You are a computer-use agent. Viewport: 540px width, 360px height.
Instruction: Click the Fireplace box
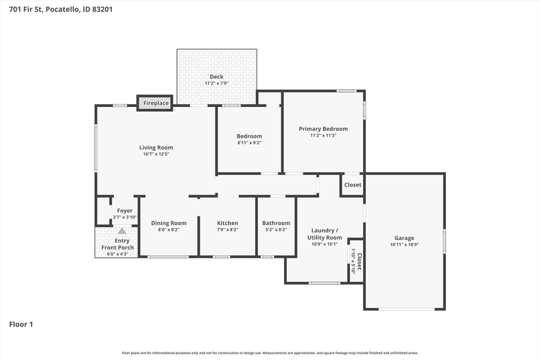(154, 103)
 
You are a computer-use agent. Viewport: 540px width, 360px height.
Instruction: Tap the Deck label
(217, 76)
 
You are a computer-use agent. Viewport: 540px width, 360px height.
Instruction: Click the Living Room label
(156, 147)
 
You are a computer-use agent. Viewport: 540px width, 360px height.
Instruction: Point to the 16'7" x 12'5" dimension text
(156, 154)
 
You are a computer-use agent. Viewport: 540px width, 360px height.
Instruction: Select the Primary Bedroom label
(323, 129)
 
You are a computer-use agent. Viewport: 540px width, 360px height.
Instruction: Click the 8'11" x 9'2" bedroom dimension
(249, 143)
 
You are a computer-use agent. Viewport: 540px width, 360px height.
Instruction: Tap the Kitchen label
(227, 223)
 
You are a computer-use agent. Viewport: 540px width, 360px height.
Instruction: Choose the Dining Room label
(169, 223)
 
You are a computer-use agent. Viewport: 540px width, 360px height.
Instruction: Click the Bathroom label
(277, 223)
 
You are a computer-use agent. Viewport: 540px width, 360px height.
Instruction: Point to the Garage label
(404, 238)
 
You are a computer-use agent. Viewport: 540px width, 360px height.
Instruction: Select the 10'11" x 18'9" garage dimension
(404, 245)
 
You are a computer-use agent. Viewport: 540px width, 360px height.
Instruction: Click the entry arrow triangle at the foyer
(122, 230)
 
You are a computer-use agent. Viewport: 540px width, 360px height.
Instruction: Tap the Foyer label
(125, 211)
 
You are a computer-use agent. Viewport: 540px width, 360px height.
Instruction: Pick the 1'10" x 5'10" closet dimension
(353, 261)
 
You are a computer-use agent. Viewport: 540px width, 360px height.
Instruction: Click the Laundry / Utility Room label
(325, 234)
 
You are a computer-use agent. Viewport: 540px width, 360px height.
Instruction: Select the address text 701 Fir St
(25, 10)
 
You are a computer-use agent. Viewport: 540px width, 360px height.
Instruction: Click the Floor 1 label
(21, 324)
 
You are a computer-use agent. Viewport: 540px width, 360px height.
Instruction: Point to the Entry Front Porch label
(118, 244)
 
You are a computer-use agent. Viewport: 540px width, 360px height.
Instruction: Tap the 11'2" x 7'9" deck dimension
(217, 83)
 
